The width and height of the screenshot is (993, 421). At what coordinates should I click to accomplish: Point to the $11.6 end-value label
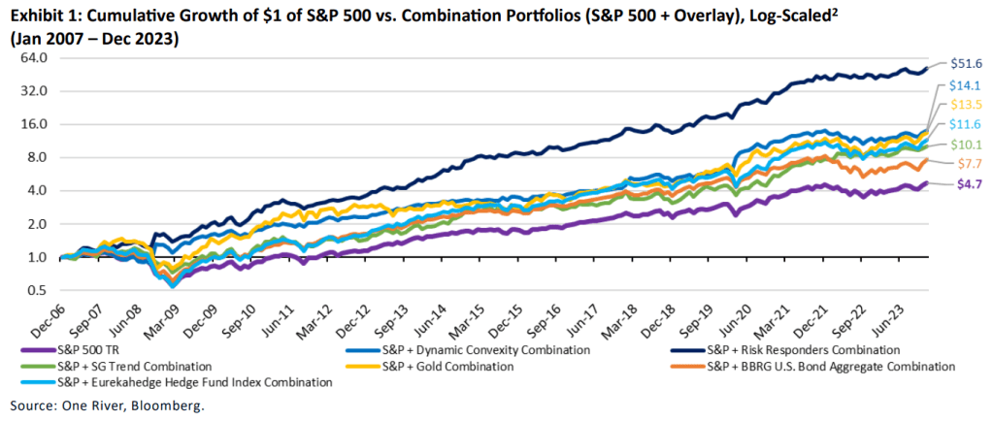click(x=964, y=124)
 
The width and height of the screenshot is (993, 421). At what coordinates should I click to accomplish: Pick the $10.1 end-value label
click(x=964, y=144)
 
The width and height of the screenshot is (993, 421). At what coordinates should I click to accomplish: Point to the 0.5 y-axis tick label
click(x=35, y=291)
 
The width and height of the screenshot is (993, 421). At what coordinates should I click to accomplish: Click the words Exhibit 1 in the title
click(x=45, y=16)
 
